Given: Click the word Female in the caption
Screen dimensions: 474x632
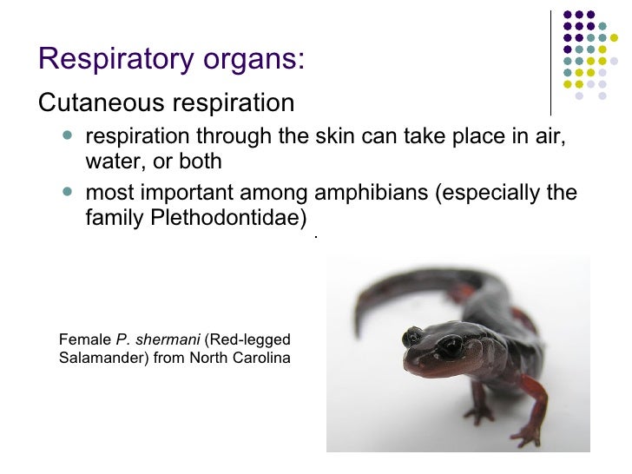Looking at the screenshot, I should tap(84, 339).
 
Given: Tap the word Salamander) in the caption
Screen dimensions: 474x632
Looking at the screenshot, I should tap(104, 358).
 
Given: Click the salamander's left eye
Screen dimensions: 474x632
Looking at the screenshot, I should tap(449, 347).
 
